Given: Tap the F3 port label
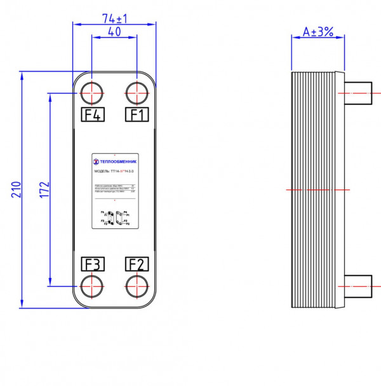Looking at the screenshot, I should [93, 263].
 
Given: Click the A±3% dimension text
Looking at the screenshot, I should [317, 31].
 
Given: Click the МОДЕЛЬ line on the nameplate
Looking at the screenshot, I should [114, 171].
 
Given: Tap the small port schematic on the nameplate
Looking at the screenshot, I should [115, 218].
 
